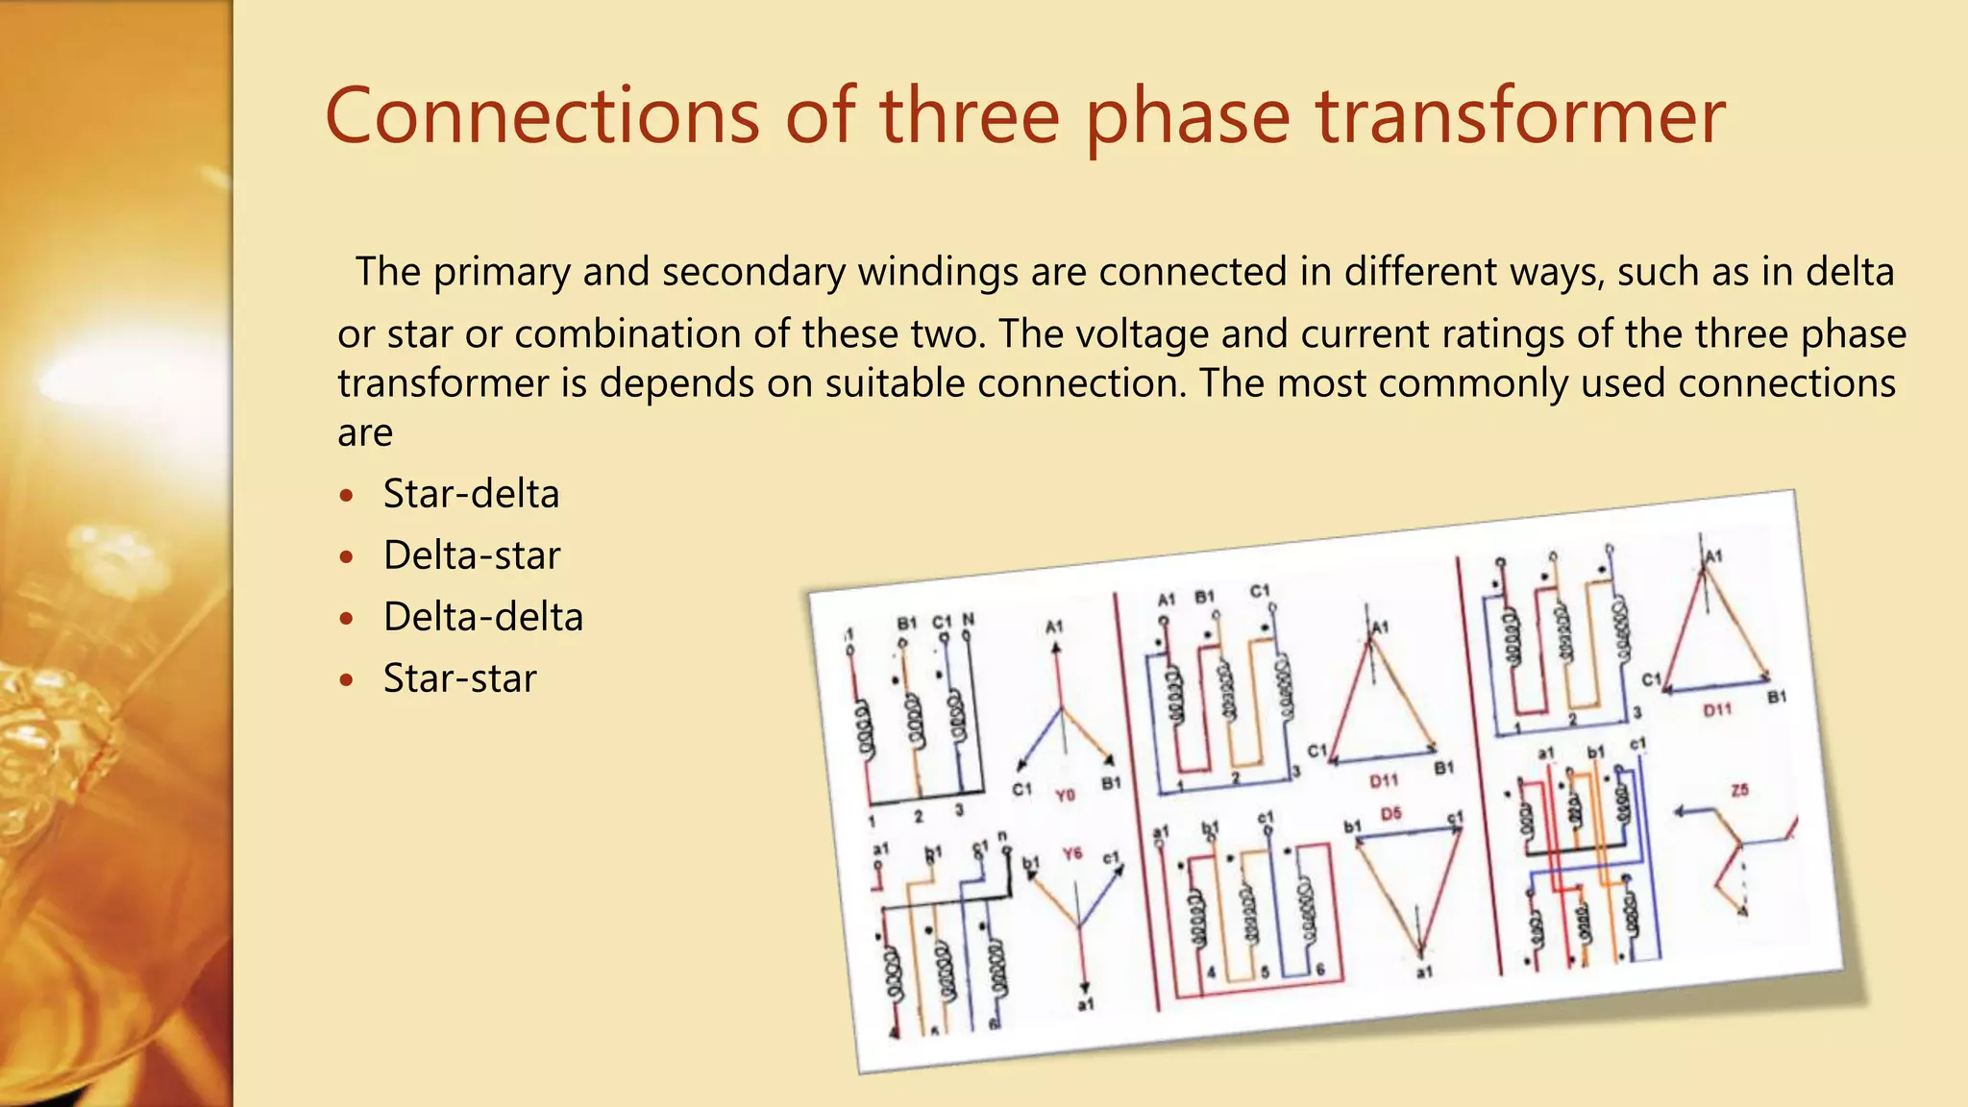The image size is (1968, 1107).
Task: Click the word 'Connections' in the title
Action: pos(543,116)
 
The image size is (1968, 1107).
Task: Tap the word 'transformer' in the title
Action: pos(1520,116)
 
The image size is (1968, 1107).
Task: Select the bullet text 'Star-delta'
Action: pos(471,494)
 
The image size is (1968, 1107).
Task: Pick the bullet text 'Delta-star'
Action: pos(471,555)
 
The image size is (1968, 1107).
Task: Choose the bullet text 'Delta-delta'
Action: pos(482,617)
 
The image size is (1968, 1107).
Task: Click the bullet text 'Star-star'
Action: pos(459,678)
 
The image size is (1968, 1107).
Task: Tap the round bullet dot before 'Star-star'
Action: pos(347,680)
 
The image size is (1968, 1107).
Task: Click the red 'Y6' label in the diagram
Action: pos(1072,853)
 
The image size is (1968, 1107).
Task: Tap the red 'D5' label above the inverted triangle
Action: pos(1390,814)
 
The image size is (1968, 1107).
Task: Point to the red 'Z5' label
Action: pos(1739,790)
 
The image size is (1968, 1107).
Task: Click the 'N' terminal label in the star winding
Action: pos(968,620)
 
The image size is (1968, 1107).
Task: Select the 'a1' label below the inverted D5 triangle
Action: pos(1424,972)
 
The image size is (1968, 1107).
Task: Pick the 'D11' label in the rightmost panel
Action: pos(1717,710)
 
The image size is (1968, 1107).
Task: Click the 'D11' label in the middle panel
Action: pos(1384,780)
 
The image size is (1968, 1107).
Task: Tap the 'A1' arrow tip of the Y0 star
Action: pos(1056,649)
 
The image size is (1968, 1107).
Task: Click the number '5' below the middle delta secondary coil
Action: pos(1265,972)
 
